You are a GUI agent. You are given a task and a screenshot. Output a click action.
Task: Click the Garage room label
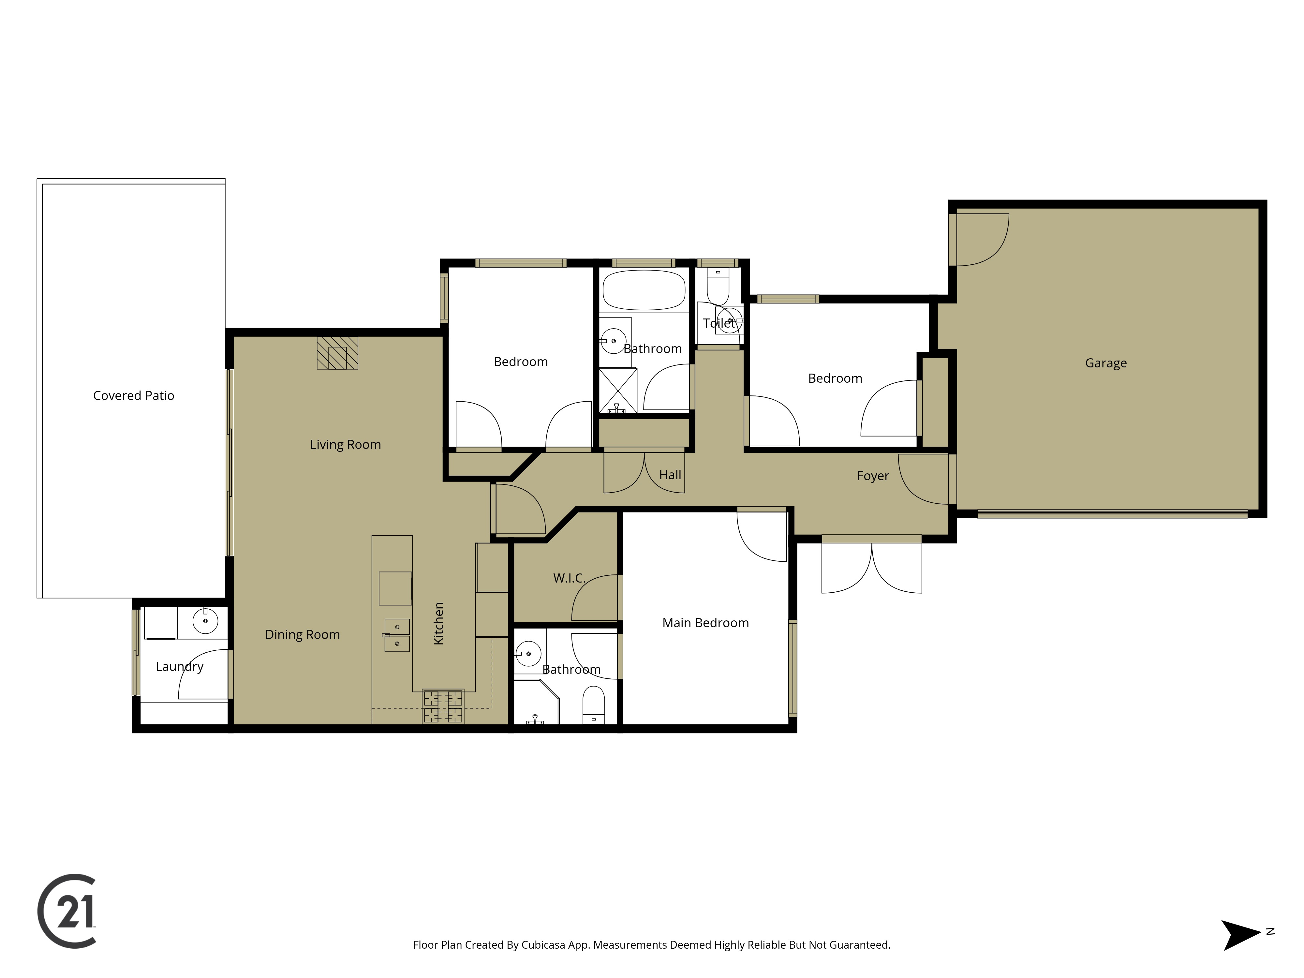click(x=1106, y=363)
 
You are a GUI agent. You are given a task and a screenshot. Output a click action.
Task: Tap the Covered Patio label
click(x=134, y=395)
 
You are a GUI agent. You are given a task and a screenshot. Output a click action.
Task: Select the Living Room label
click(x=346, y=444)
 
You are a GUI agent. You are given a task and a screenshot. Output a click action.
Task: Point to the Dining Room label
click(x=303, y=635)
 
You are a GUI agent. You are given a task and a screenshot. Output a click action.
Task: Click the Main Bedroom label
click(x=706, y=623)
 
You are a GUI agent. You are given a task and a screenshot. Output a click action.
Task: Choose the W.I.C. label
click(x=569, y=578)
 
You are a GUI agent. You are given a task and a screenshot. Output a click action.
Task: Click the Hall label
click(x=670, y=475)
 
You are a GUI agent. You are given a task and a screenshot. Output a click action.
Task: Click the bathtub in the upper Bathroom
click(x=644, y=290)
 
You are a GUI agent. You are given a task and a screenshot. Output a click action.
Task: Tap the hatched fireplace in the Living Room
click(x=337, y=352)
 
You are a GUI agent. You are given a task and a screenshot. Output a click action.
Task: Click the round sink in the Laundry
click(x=205, y=621)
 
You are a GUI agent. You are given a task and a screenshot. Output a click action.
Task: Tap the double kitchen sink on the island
click(x=397, y=635)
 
